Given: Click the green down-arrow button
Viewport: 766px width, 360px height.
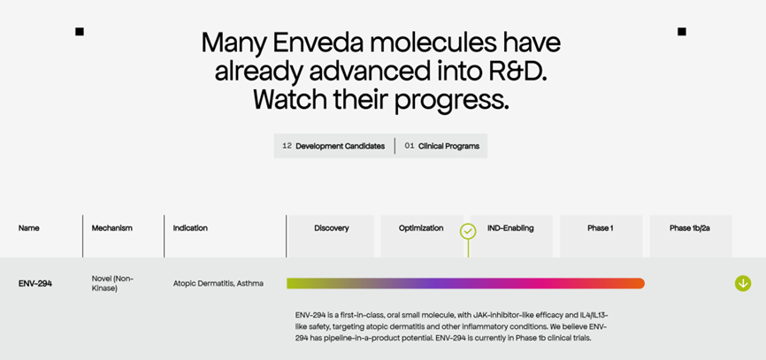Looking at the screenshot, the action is click(x=742, y=283).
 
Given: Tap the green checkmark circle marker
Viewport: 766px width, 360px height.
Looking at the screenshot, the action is click(x=468, y=231).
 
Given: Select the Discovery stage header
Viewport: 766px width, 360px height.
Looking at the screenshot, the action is click(x=331, y=228).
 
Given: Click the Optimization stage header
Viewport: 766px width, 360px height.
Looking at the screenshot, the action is click(x=421, y=228).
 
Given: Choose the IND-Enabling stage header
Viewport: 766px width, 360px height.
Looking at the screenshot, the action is click(x=510, y=228).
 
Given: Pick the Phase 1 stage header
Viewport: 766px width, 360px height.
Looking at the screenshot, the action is click(x=601, y=228).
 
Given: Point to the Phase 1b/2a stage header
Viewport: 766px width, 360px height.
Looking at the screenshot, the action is click(x=690, y=228).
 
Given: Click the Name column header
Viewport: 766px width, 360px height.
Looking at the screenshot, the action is click(x=29, y=228).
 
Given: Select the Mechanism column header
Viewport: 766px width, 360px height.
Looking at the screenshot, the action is click(x=111, y=228).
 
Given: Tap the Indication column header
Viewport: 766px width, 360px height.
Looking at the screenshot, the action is click(x=190, y=228).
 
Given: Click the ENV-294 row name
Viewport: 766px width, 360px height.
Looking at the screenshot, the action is click(x=35, y=283).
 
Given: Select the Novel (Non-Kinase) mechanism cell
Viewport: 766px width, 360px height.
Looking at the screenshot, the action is click(x=112, y=283).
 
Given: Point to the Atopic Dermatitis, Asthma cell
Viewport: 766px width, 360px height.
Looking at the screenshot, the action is click(x=218, y=283).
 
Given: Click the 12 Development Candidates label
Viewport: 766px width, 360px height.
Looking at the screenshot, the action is click(x=333, y=146).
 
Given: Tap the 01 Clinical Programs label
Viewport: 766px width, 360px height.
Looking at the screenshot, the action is click(x=441, y=146).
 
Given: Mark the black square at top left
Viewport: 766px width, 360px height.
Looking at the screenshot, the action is click(x=79, y=32).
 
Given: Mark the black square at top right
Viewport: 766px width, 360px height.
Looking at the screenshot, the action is click(x=682, y=32).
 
